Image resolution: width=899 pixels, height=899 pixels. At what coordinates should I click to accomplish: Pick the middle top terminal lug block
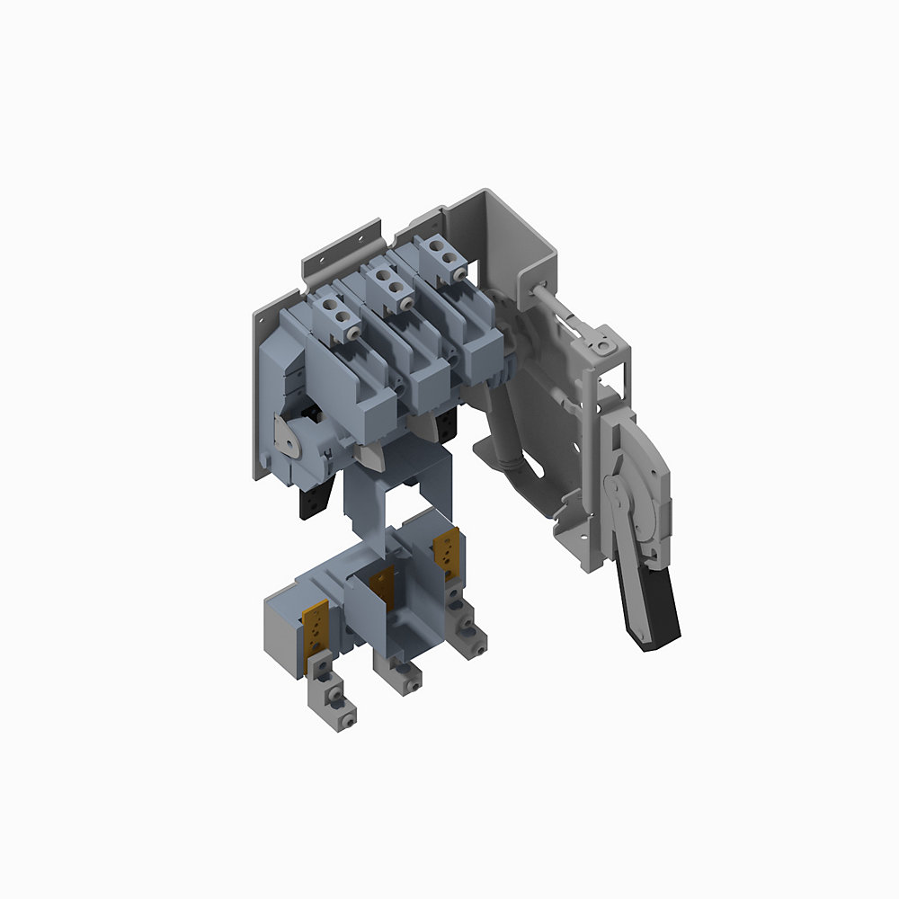387,283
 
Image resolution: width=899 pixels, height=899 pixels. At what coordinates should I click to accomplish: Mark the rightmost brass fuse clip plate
447,547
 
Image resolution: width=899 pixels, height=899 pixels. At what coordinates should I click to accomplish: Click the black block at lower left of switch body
307,504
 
